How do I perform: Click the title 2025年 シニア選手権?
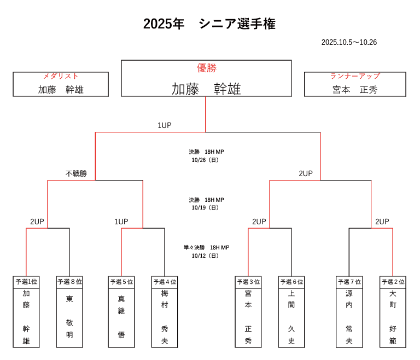pyautogui.click(x=209, y=24)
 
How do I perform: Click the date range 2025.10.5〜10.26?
pyautogui.click(x=349, y=42)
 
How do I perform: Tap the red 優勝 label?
pyautogui.click(x=206, y=68)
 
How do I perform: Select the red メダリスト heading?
pyautogui.click(x=61, y=76)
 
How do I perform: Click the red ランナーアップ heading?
pyautogui.click(x=355, y=76)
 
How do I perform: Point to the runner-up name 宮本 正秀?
pyautogui.click(x=355, y=90)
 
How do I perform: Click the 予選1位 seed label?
pyautogui.click(x=26, y=282)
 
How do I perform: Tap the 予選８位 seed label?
pyautogui.click(x=69, y=282)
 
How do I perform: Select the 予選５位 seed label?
pyautogui.click(x=121, y=282)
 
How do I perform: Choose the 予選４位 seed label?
pyautogui.click(x=165, y=282)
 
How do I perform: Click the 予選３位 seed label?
pyautogui.click(x=248, y=282)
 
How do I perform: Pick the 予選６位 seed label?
pyautogui.click(x=291, y=282)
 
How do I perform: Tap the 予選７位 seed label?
pyautogui.click(x=349, y=282)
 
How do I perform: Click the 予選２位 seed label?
pyautogui.click(x=393, y=282)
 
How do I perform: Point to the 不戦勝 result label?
pyautogui.click(x=76, y=173)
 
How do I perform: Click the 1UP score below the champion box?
pyautogui.click(x=165, y=125)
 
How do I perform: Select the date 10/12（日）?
pyautogui.click(x=206, y=256)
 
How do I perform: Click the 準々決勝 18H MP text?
pyautogui.click(x=206, y=247)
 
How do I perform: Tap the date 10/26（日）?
pyautogui.click(x=206, y=160)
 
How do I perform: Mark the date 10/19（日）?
pyautogui.click(x=206, y=208)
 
